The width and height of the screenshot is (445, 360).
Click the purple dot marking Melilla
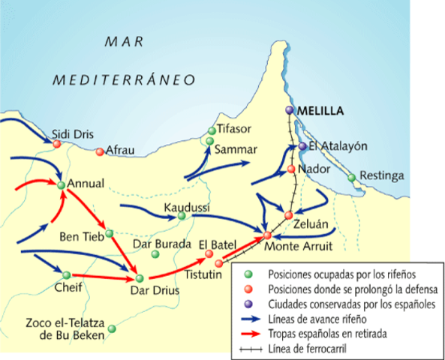290,111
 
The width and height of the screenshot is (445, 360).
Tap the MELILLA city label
320,111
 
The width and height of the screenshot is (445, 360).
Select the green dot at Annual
60,184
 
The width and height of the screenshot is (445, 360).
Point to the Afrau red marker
100,151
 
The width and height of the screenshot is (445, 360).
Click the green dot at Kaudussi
181,217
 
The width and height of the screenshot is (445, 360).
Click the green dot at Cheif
66,274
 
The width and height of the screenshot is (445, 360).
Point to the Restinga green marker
351,178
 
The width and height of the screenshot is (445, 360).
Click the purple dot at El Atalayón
302,146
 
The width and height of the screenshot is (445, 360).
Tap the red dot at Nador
291,169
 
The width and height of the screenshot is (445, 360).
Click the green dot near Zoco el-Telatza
112,328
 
